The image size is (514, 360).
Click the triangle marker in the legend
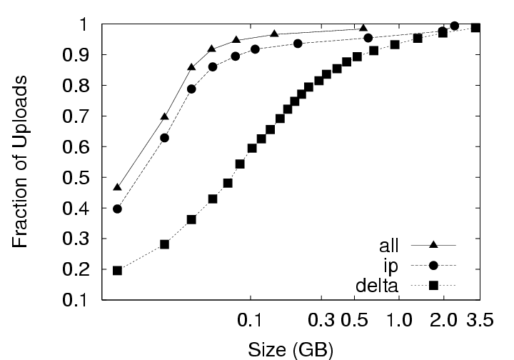coord(433,245)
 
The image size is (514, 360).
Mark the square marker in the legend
coord(433,286)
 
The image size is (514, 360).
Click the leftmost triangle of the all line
coord(117,187)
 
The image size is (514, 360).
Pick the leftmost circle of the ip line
coord(117,209)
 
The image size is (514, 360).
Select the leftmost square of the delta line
coord(117,271)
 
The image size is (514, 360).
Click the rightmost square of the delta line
coord(475,28)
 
